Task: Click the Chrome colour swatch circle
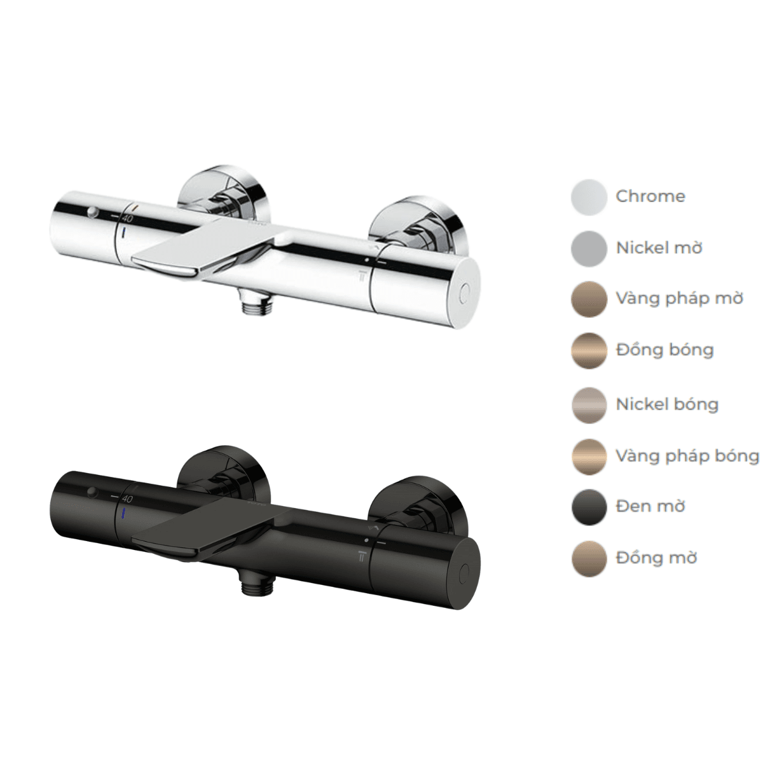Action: (589, 197)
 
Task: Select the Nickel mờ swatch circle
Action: (589, 249)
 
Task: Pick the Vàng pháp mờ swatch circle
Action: (589, 299)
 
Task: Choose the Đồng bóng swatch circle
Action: (589, 351)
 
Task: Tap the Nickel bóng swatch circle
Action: (589, 406)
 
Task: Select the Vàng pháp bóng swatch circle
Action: (589, 457)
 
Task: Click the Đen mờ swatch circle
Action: (589, 507)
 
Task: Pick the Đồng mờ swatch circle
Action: (589, 559)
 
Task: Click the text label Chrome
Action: (650, 196)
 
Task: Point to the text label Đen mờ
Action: (650, 506)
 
